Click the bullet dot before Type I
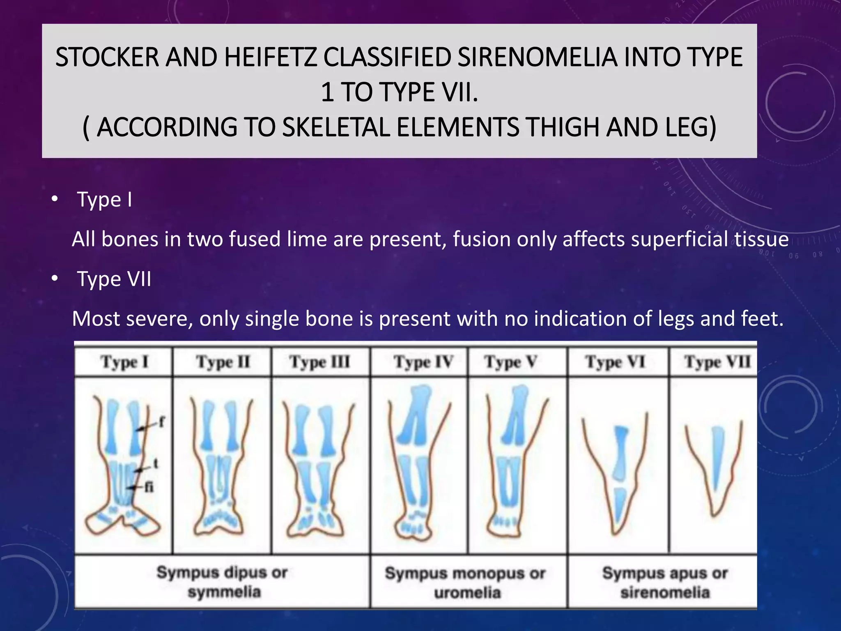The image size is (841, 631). click(x=55, y=199)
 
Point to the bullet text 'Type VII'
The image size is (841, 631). click(x=114, y=279)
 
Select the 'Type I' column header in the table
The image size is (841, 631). click(x=124, y=362)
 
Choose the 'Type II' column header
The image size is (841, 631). click(x=223, y=362)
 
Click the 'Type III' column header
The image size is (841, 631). click(x=320, y=362)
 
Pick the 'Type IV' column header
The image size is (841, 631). click(x=423, y=362)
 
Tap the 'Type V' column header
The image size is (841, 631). click(x=510, y=362)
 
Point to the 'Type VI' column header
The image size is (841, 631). click(x=615, y=362)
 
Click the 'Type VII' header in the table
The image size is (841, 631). click(x=717, y=362)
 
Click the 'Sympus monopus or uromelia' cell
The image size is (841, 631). click(x=465, y=583)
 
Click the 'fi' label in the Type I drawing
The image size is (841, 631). click(x=149, y=487)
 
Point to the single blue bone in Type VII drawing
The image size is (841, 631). click(x=717, y=456)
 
